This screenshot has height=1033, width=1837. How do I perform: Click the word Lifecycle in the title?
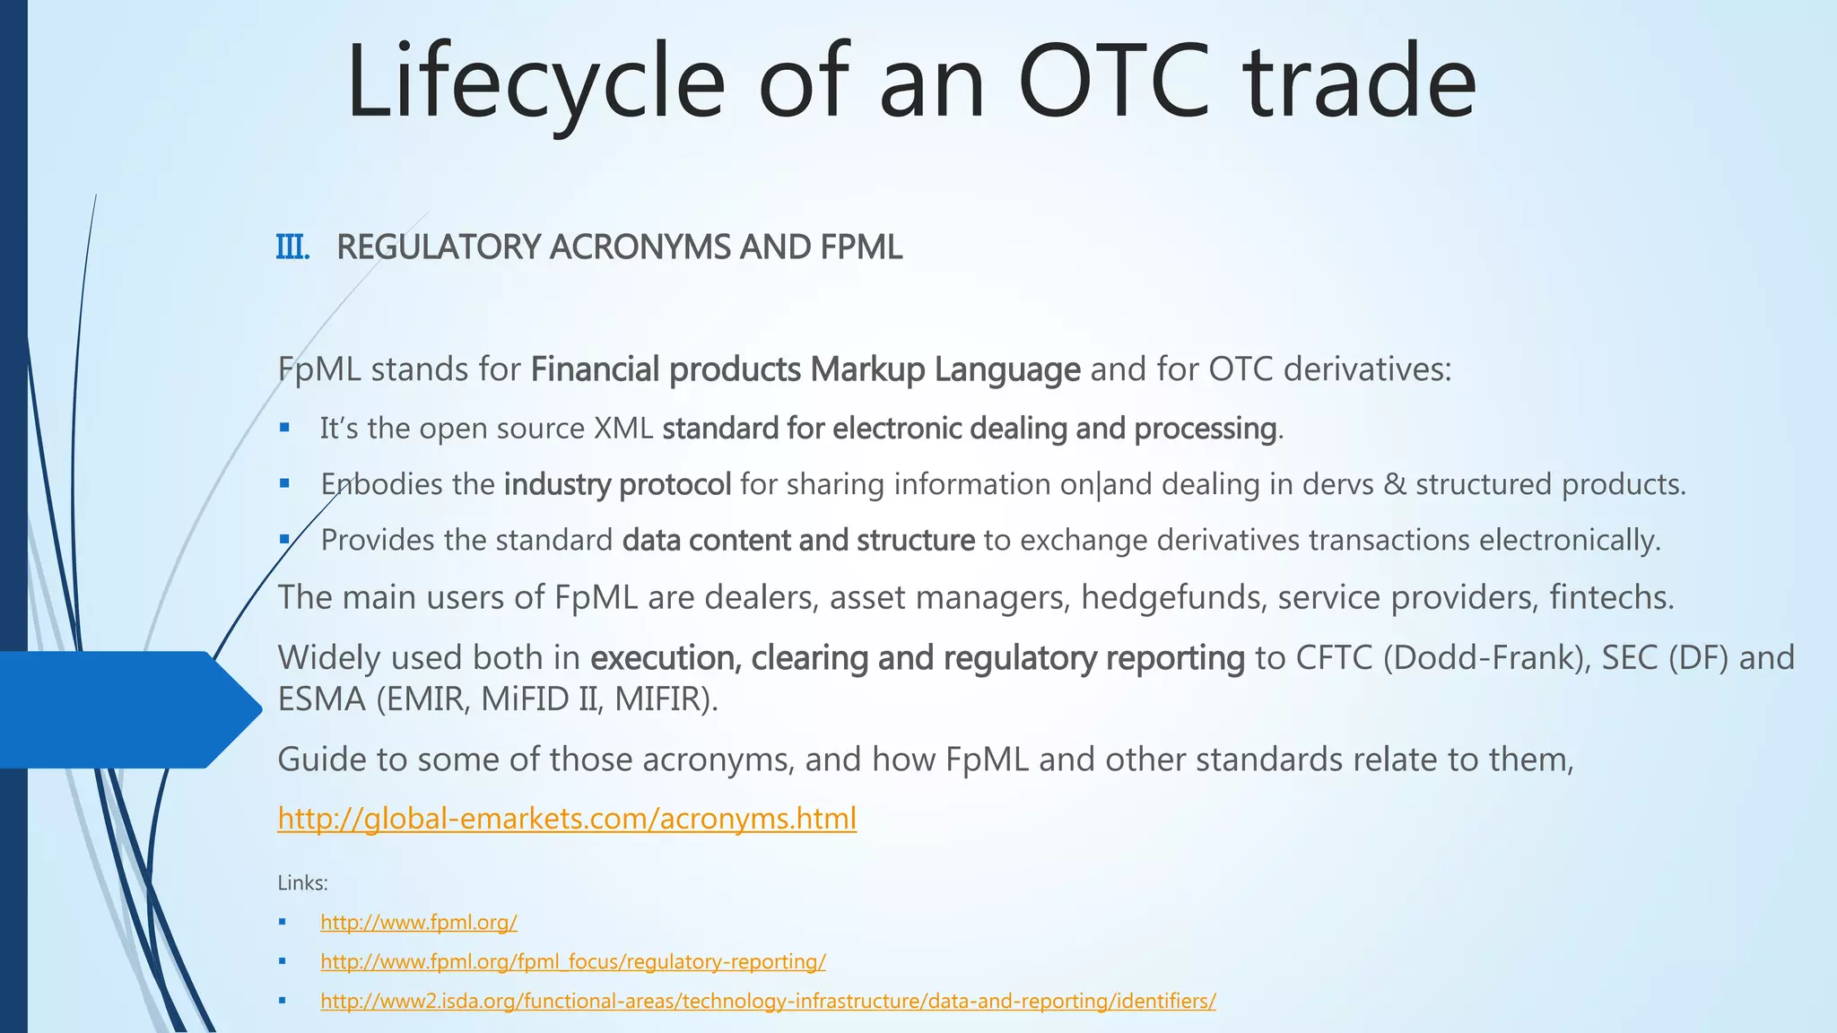[535, 82]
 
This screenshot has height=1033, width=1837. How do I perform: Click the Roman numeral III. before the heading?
[292, 247]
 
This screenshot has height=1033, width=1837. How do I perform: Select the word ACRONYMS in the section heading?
[639, 247]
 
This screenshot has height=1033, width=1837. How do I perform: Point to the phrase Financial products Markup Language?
[805, 369]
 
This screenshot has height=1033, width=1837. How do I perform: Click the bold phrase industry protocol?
[617, 484]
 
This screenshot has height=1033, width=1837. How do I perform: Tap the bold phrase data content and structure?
[798, 541]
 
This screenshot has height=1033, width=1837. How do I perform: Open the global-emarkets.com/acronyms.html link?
[567, 819]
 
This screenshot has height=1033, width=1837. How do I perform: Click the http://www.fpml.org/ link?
[418, 923]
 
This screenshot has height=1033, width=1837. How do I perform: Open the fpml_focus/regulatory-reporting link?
[572, 962]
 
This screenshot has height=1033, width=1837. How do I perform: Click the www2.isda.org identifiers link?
[768, 1002]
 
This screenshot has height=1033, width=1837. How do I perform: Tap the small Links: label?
[302, 883]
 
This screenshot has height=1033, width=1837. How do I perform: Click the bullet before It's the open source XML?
[284, 429]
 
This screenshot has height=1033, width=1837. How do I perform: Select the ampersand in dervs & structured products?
[1395, 485]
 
